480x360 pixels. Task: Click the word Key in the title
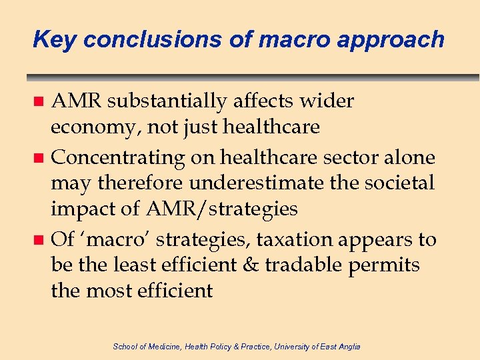55,40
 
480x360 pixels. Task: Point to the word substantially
167,101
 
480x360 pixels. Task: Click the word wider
328,101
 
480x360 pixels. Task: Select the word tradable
308,265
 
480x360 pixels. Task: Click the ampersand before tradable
250,265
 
